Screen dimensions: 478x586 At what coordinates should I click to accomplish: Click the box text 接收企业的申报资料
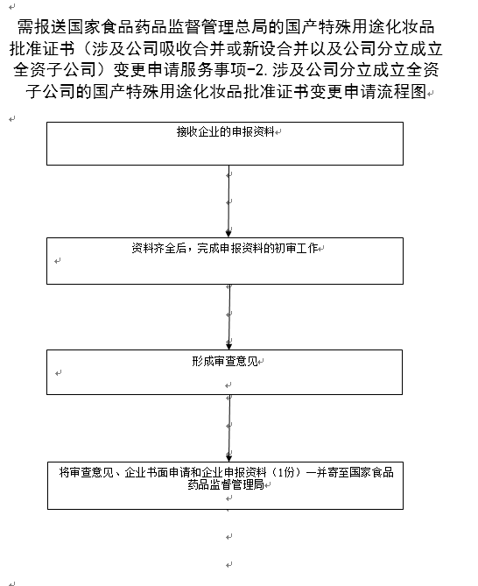click(226, 132)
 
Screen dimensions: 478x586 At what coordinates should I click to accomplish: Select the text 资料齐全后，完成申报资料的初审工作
click(225, 248)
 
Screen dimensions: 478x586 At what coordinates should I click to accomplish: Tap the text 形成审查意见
click(225, 362)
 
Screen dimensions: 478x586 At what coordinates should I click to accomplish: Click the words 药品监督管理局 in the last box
click(226, 484)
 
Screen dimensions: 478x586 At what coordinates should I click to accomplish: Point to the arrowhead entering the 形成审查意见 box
click(228, 346)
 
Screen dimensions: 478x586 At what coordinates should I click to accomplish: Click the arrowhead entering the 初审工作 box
click(228, 234)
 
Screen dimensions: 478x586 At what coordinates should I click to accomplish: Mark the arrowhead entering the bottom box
click(228, 457)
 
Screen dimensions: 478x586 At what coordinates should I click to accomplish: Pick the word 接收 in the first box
click(187, 132)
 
